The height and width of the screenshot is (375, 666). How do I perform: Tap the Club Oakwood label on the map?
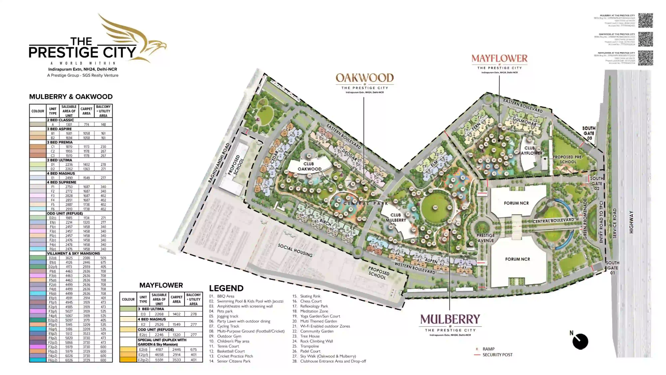tap(309, 166)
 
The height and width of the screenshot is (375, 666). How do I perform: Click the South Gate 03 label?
tap(589, 133)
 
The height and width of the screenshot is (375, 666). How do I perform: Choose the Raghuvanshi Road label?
tap(219, 163)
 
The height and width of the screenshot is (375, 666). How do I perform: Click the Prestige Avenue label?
tap(486, 238)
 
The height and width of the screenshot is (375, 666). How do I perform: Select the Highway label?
tap(631, 222)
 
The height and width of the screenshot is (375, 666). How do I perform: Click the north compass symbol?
tap(580, 341)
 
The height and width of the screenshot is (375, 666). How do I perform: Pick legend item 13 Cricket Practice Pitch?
tap(235, 356)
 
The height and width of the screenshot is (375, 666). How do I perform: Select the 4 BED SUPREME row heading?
tap(62, 182)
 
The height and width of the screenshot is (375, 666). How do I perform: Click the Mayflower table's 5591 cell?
tap(159, 360)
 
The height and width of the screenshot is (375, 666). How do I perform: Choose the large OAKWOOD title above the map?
tap(364, 78)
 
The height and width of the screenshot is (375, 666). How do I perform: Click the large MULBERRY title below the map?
tap(450, 319)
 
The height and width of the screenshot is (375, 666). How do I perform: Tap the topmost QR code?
tap(645, 20)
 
